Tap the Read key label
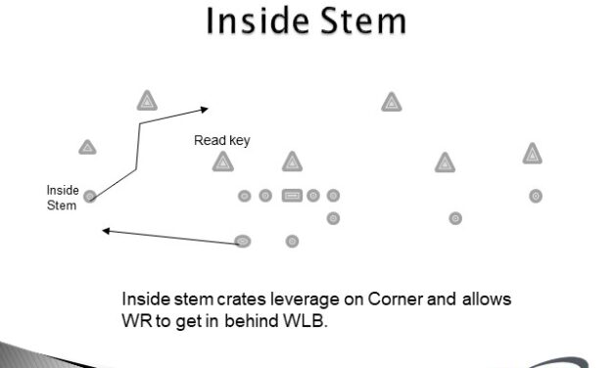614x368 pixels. [x=221, y=141]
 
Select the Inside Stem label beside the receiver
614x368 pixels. [x=62, y=198]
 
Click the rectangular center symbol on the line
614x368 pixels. [x=292, y=196]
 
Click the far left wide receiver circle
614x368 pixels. [x=90, y=197]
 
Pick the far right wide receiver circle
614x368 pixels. [x=536, y=196]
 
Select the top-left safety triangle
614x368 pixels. [x=147, y=100]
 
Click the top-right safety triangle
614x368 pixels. [x=392, y=101]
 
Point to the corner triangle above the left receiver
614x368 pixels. [x=87, y=148]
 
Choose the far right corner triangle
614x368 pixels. [x=533, y=154]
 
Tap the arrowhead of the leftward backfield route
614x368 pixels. [x=106, y=232]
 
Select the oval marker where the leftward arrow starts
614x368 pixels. [x=243, y=241]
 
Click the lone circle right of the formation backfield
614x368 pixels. [x=455, y=217]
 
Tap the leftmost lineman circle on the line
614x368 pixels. [x=245, y=196]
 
